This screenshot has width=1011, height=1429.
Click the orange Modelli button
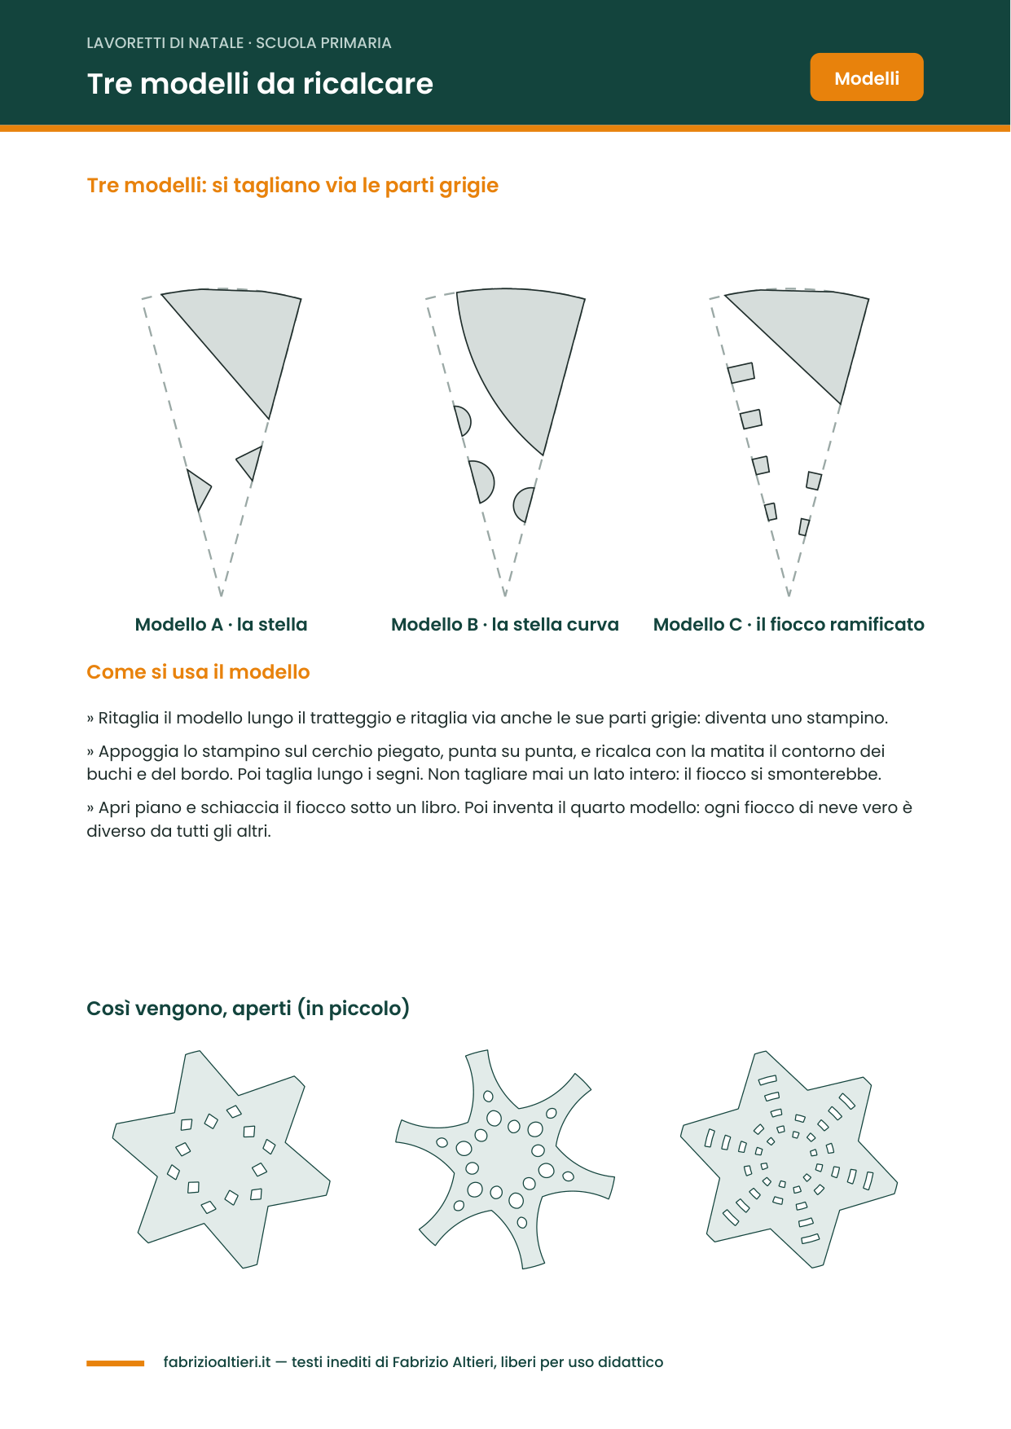tap(867, 77)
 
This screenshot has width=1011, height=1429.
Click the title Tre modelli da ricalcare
tap(260, 83)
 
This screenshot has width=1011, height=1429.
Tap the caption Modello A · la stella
tap(221, 624)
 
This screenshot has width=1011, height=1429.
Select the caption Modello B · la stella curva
tap(505, 624)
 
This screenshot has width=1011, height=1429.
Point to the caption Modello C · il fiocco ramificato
tap(789, 624)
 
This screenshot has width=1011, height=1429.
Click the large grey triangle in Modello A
tap(244, 338)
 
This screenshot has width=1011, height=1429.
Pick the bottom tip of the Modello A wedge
tap(221, 596)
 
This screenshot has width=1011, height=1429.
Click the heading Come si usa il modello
tap(198, 672)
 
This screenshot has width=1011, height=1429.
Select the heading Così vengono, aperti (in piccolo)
tap(248, 1008)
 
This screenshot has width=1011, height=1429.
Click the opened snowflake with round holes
tap(505, 1159)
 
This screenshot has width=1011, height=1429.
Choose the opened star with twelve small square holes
tap(221, 1159)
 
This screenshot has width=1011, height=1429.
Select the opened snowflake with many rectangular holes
tap(789, 1159)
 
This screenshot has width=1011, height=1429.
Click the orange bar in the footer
tap(116, 1363)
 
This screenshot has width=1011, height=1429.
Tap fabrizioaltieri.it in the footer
tap(217, 1362)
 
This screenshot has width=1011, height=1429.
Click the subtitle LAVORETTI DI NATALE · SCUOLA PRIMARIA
tap(239, 43)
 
